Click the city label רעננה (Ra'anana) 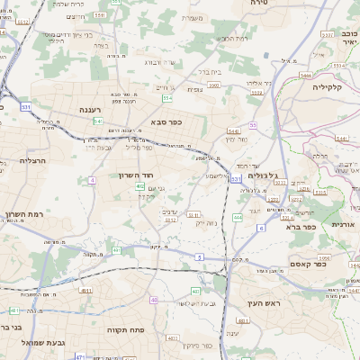[x=90, y=110]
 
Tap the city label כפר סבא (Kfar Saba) [x=168, y=122]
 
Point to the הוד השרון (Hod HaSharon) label [x=138, y=175]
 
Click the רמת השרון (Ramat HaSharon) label [x=24, y=214]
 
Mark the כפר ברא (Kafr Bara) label [x=299, y=227]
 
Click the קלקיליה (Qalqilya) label [x=335, y=88]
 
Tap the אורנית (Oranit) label [x=344, y=224]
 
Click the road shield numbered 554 [x=167, y=97]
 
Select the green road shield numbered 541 [x=98, y=121]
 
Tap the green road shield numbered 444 [x=238, y=218]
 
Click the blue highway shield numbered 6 [x=261, y=229]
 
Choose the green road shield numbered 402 [x=140, y=186]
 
